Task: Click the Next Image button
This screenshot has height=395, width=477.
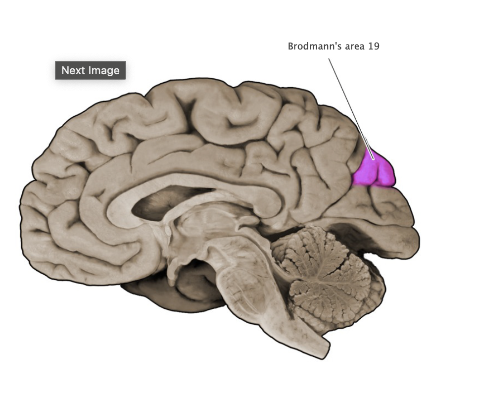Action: click(x=91, y=70)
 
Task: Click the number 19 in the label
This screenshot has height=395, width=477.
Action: click(x=374, y=47)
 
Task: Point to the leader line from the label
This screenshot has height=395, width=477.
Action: click(x=349, y=104)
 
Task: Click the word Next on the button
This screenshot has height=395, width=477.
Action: click(x=73, y=70)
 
